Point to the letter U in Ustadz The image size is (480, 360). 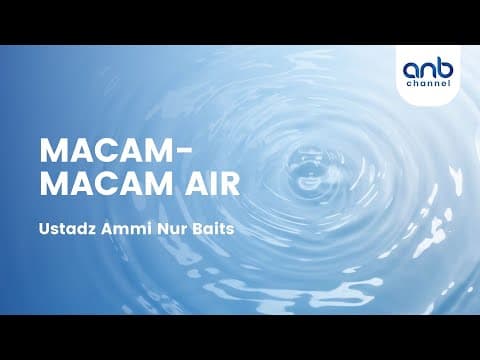45,230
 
